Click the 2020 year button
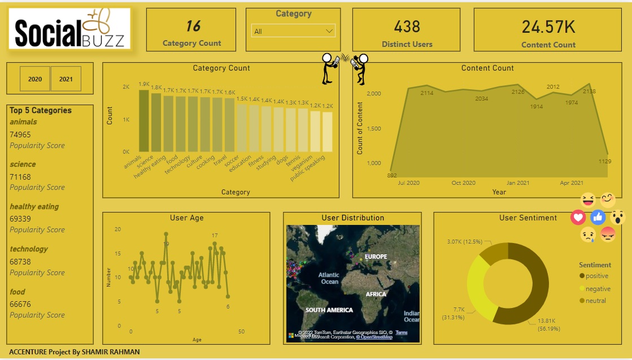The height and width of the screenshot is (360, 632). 35,79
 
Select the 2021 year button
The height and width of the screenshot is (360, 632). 66,79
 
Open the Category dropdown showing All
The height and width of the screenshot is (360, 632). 293,31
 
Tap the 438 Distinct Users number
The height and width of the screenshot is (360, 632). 407,27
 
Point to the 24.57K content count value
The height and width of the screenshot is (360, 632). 548,27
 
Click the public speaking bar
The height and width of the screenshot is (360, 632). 328,132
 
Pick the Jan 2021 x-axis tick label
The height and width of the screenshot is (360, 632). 518,183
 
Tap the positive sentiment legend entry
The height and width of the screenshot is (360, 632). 596,276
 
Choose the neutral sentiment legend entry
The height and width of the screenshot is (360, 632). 595,301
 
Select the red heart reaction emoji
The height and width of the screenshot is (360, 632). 578,217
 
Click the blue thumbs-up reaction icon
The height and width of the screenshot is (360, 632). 598,217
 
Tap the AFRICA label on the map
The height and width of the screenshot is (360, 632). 376,294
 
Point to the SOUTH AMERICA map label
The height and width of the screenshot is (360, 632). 329,310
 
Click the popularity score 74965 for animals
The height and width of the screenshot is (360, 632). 20,135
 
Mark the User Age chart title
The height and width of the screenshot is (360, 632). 186,218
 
